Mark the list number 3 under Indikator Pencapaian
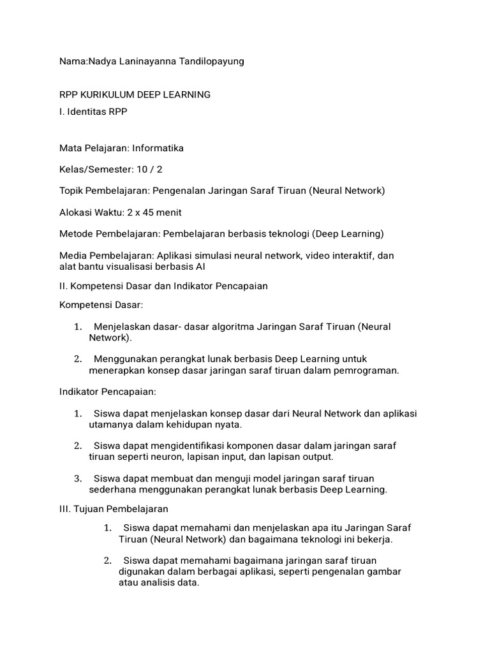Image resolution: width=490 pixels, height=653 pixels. click(x=77, y=478)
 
